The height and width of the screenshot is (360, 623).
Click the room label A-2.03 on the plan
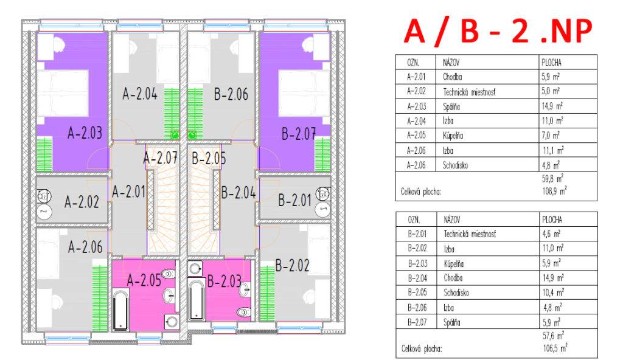[85, 133]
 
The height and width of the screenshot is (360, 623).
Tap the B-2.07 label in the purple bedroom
[298, 134]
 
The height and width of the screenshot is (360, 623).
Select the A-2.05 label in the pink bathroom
[144, 280]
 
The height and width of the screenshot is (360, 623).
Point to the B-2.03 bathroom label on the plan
[224, 282]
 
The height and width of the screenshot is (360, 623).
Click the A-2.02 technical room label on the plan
[82, 202]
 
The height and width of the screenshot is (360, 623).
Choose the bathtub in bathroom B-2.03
[197, 300]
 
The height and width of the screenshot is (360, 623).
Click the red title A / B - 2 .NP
[498, 30]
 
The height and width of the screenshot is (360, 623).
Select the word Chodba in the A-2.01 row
[452, 77]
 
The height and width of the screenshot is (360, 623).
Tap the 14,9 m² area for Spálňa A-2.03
[552, 106]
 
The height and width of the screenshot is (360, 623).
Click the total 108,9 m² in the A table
[554, 191]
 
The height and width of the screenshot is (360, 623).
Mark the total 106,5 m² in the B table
[555, 348]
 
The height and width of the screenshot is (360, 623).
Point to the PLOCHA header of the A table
[551, 63]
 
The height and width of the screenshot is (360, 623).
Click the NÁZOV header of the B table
[452, 220]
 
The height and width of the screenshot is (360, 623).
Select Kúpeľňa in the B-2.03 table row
[454, 263]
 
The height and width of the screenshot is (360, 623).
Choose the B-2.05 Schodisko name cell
[456, 293]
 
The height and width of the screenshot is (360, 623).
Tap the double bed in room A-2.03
[63, 94]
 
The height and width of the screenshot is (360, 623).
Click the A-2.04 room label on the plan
[140, 94]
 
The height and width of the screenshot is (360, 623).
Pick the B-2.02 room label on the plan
[292, 265]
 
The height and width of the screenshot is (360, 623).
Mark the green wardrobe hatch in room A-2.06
[100, 298]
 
